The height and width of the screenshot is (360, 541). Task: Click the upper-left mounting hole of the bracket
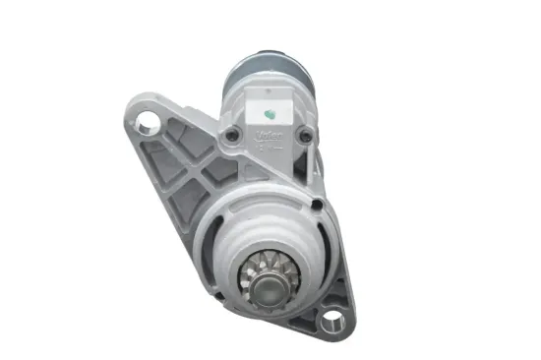(x=149, y=124)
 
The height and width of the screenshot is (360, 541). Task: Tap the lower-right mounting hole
(x=331, y=318)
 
